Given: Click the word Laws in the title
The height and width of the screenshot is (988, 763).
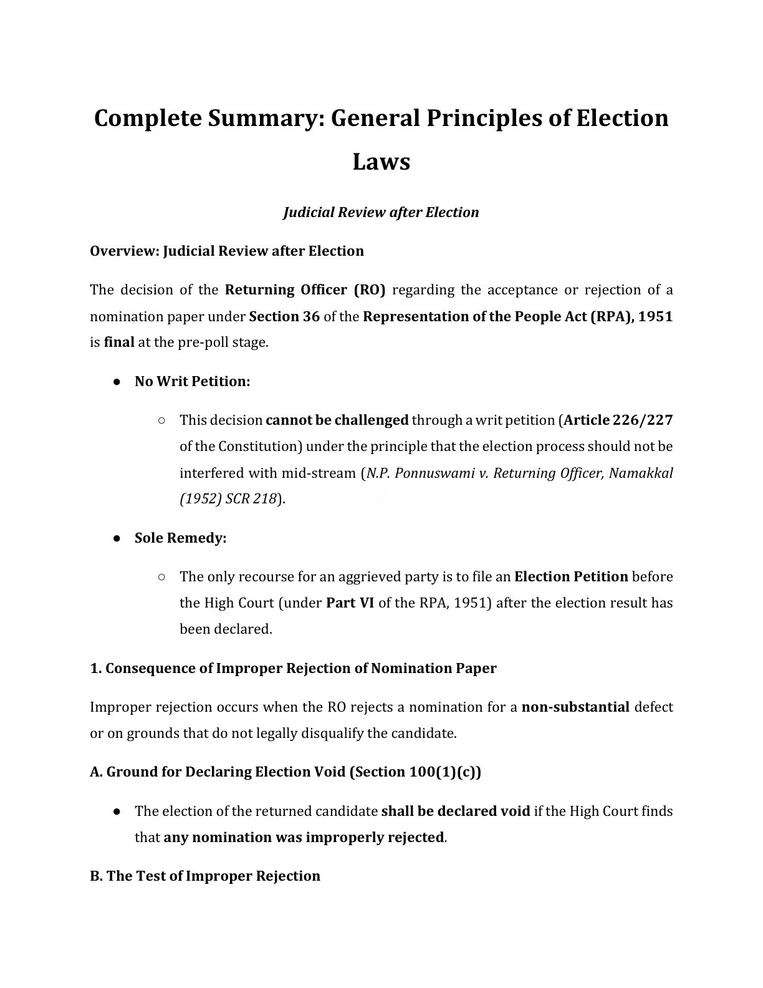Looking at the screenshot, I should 381,162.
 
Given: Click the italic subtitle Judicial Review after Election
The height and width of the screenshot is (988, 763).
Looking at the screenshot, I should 381,212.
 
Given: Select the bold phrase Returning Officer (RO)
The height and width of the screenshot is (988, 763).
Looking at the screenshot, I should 305,290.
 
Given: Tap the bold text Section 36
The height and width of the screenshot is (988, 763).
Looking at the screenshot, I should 284,316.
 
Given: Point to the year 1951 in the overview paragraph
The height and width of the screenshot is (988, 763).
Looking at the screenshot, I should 656,316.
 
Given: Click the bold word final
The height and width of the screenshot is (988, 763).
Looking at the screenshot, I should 119,342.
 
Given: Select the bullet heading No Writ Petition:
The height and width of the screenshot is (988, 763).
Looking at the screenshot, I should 192,381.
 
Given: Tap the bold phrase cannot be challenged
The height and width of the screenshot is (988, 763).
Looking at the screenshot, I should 337,420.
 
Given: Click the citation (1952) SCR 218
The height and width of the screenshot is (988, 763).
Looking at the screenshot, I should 228,499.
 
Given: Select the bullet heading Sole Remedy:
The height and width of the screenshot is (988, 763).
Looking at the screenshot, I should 180,538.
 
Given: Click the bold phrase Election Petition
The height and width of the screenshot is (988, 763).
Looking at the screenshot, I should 570,576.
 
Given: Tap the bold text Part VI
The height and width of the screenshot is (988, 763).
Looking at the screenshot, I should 350,603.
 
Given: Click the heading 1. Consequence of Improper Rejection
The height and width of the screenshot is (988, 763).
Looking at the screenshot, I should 293,668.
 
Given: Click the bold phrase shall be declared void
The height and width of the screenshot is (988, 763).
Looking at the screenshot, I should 455,811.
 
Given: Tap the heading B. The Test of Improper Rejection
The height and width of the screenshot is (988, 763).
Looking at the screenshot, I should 205,876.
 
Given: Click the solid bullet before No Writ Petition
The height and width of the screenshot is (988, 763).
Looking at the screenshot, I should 117,382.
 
